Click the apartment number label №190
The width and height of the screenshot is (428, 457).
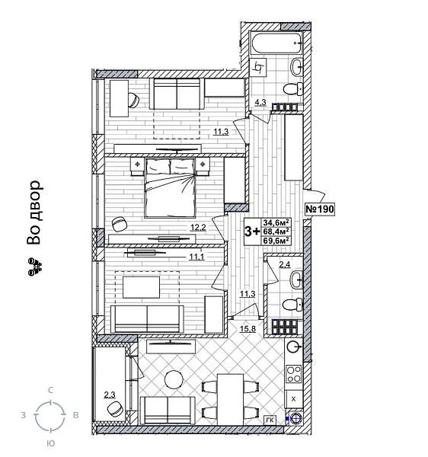pyautogui.click(x=320, y=209)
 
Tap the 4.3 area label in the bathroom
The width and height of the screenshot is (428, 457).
pyautogui.click(x=260, y=101)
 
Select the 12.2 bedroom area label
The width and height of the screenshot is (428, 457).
pyautogui.click(x=198, y=227)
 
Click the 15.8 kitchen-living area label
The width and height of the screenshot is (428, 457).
pyautogui.click(x=248, y=328)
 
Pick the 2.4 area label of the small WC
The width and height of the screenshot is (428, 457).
pyautogui.click(x=285, y=265)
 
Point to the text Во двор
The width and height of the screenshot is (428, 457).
pyautogui.click(x=33, y=214)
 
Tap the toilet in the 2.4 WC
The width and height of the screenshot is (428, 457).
pyautogui.click(x=291, y=305)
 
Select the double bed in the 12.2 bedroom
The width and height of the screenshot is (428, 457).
pyautogui.click(x=170, y=190)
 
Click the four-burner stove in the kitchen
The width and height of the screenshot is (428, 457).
pyautogui.click(x=293, y=375)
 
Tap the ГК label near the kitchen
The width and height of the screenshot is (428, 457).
pyautogui.click(x=270, y=420)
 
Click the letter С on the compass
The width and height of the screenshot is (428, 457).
pyautogui.click(x=50, y=390)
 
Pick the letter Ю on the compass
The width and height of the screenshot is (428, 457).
pyautogui.click(x=50, y=443)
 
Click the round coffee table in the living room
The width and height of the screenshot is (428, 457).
pyautogui.click(x=174, y=379)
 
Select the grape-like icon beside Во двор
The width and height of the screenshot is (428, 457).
pyautogui.click(x=34, y=266)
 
